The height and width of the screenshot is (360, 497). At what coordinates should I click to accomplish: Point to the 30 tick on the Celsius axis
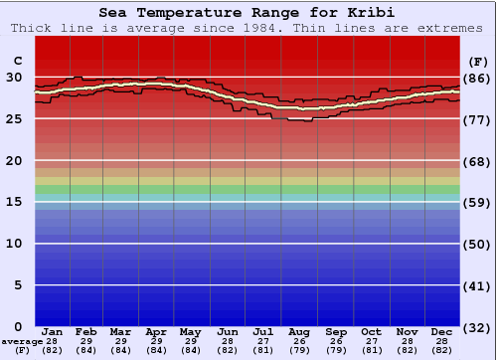(x=14, y=77)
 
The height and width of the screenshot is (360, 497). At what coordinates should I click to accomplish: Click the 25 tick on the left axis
(x=14, y=118)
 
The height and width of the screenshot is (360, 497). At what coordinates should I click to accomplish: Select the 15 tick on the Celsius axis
(x=14, y=202)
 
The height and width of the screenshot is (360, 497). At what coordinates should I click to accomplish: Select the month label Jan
(x=53, y=332)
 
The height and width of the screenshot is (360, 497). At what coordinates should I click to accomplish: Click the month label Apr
(x=156, y=332)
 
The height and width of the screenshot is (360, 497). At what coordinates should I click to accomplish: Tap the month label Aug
(x=299, y=332)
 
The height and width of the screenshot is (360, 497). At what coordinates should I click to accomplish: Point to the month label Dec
(x=443, y=332)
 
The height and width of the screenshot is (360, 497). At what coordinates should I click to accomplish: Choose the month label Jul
(x=263, y=332)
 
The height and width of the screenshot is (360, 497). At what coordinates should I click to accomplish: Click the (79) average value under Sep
(x=335, y=350)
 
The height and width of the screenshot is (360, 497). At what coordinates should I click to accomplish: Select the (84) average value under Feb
(x=86, y=350)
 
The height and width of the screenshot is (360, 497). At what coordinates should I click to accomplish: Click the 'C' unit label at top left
(x=17, y=60)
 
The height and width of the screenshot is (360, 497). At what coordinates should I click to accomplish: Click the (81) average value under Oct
(x=371, y=350)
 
